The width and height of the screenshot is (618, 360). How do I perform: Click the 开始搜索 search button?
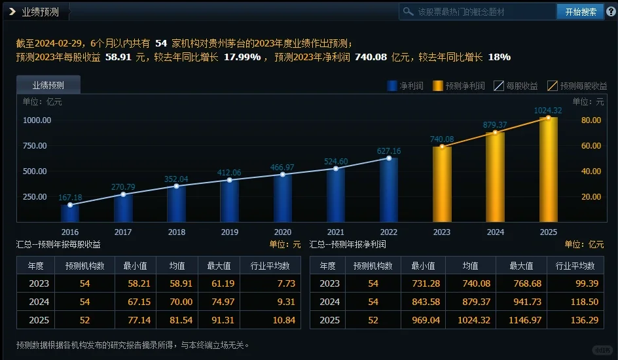point(580,12)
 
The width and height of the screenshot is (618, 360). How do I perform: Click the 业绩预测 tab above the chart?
point(48,85)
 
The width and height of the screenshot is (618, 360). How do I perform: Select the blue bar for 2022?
point(388,190)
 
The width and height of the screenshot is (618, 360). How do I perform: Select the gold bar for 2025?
point(549,170)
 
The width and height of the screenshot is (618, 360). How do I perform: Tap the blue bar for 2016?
point(70,213)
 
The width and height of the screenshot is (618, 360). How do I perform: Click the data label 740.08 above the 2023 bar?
point(443,139)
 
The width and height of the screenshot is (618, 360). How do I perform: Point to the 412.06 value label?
point(229,173)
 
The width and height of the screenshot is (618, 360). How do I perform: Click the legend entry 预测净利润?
point(458,86)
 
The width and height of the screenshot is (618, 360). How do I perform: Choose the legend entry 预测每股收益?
point(576,86)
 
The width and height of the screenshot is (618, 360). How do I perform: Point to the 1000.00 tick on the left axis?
point(37,120)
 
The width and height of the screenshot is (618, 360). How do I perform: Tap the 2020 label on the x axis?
point(282,232)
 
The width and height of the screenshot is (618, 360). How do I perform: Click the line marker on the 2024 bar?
point(495,133)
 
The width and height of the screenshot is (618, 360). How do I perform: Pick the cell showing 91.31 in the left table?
point(221,320)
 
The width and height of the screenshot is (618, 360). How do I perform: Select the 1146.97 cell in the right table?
point(521,320)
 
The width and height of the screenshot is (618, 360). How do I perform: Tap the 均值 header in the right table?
point(470,266)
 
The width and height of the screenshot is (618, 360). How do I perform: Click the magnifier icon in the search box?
point(409,12)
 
